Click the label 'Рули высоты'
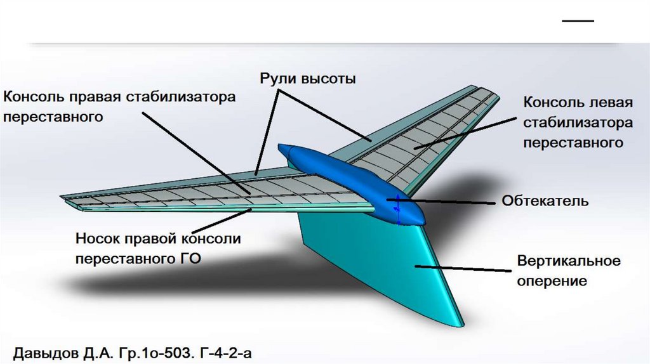pyautogui.click(x=307, y=79)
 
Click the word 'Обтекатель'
pyautogui.click(x=545, y=202)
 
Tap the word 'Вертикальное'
pyautogui.click(x=568, y=261)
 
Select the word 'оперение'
pyautogui.click(x=551, y=280)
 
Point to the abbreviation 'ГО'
pyautogui.click(x=189, y=258)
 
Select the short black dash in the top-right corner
pyautogui.click(x=578, y=21)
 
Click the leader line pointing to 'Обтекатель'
pyautogui.click(x=451, y=202)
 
